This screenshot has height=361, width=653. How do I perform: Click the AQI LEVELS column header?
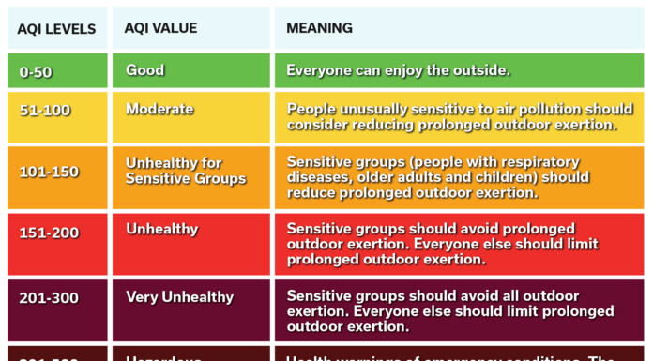click(56, 29)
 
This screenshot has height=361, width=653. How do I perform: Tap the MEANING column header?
click(319, 28)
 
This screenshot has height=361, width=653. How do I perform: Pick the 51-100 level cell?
click(45, 111)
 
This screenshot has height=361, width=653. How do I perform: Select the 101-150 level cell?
click(49, 172)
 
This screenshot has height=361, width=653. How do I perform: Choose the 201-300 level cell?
click(49, 298)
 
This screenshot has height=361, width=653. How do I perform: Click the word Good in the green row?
click(144, 70)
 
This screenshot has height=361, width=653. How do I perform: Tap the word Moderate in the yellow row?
click(159, 110)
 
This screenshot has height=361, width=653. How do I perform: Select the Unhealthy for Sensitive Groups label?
click(186, 171)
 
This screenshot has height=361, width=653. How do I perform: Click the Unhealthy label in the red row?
click(161, 230)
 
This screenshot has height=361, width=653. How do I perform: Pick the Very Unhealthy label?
click(179, 297)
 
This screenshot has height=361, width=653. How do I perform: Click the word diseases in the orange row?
click(319, 177)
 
